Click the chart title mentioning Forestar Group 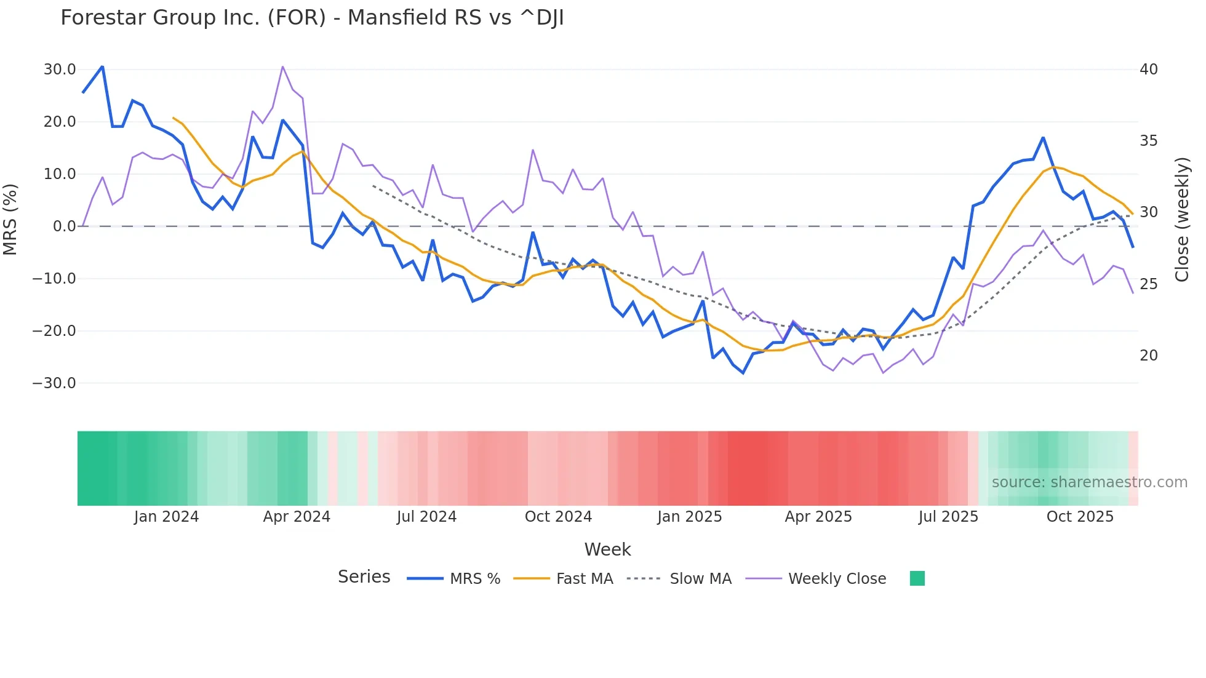[312, 18]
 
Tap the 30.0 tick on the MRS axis [60, 70]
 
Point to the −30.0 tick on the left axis [54, 383]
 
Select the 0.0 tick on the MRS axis [64, 226]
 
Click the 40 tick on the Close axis [1148, 70]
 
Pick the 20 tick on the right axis [1148, 356]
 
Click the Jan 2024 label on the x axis [166, 517]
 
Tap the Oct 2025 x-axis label [1080, 517]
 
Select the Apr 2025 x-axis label [818, 517]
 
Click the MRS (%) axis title [10, 220]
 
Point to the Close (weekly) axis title [1182, 220]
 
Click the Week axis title [607, 549]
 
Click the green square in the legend [917, 578]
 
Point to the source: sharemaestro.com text [1089, 482]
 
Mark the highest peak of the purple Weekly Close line [282, 66]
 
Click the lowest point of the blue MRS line [743, 373]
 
